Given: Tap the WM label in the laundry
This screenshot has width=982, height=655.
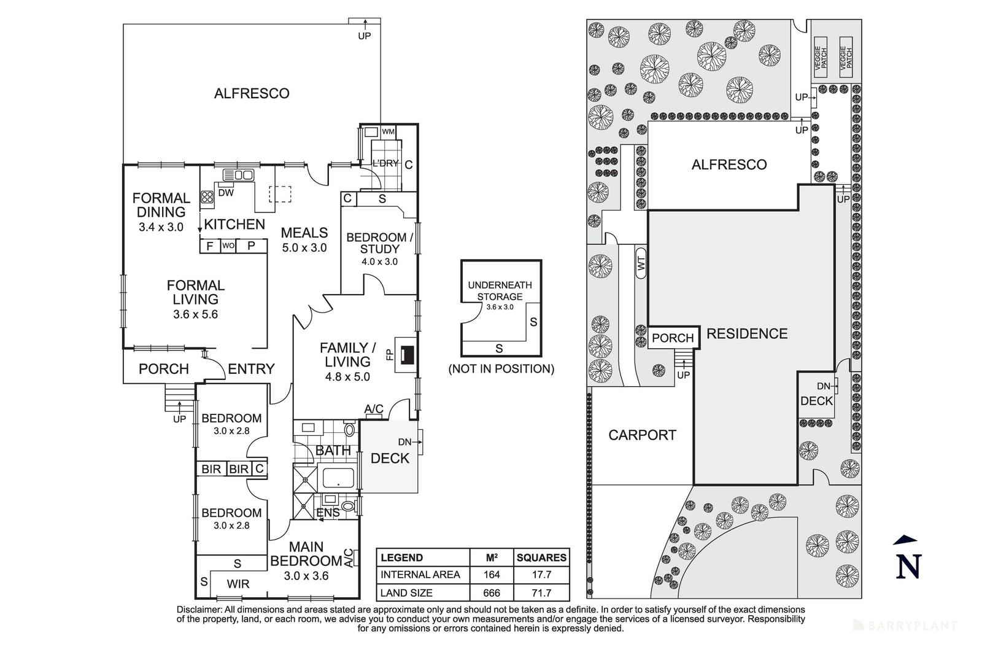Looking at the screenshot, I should (x=388, y=132).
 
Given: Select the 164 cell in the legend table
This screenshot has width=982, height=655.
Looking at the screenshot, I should (x=491, y=575).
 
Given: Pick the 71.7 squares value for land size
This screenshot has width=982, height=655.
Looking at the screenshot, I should (x=541, y=593).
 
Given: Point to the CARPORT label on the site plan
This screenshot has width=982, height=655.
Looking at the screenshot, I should (x=642, y=435).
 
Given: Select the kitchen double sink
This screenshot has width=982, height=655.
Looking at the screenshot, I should (x=238, y=174).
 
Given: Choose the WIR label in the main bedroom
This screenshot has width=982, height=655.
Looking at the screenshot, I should (x=238, y=584).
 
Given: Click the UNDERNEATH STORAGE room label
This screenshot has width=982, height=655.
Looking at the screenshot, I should (x=500, y=291).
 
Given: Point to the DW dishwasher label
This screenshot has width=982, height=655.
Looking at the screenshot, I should (x=225, y=192).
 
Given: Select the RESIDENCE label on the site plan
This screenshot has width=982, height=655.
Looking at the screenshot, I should (x=746, y=334).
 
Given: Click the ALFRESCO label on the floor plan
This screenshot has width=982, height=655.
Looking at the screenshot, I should (x=251, y=94).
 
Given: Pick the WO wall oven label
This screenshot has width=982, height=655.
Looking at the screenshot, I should (x=228, y=246).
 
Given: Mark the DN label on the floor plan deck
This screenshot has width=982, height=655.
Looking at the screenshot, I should (x=404, y=442).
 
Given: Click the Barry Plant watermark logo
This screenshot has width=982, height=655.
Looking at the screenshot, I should (x=906, y=626).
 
